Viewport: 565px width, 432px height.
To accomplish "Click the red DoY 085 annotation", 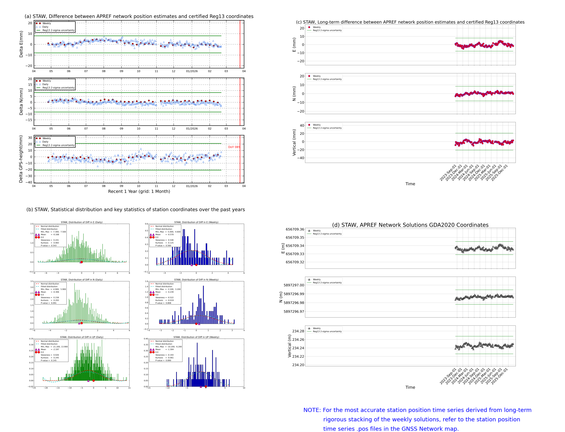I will click(234, 147).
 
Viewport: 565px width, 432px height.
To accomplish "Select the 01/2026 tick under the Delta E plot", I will click(192, 71).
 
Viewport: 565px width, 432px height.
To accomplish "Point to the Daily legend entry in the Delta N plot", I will click(45, 84).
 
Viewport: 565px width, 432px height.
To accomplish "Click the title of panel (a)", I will click(139, 16).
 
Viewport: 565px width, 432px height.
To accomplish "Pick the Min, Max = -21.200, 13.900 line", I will click(54, 347).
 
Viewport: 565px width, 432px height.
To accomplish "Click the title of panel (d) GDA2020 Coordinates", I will click(410, 225).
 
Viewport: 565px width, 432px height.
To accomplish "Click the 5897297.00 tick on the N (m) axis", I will click(294, 285).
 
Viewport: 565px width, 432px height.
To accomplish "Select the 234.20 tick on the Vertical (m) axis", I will click(298, 365).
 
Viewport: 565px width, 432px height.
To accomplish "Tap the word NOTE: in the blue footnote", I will click(312, 410).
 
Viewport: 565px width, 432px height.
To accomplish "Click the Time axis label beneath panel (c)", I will click(410, 184).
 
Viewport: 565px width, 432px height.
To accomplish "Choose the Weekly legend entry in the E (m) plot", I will click(316, 231).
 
